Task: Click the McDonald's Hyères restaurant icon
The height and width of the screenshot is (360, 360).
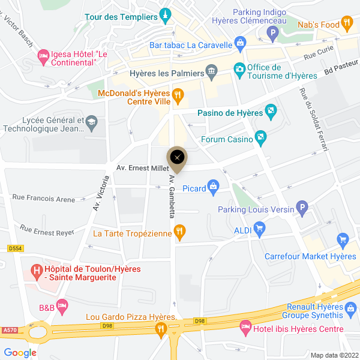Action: (x=177, y=95)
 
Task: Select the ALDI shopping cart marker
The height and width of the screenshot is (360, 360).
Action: (x=259, y=229)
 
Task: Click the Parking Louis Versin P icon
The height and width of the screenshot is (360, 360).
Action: (x=302, y=209)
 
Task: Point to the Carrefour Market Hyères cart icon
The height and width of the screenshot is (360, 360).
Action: (x=343, y=241)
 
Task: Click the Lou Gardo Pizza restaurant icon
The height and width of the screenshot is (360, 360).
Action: (x=160, y=328)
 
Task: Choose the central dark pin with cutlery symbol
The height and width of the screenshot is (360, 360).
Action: (x=177, y=157)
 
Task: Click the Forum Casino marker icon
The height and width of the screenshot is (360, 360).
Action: (x=260, y=139)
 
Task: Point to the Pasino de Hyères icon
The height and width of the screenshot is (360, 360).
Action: (x=271, y=111)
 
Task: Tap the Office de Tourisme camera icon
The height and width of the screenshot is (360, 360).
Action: (x=239, y=70)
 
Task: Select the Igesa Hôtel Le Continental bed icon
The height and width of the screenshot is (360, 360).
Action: (x=43, y=57)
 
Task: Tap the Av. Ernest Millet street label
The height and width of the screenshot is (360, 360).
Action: (x=143, y=169)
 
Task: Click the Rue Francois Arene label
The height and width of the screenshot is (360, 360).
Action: (x=43, y=198)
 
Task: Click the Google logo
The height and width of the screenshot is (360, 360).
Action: (x=20, y=353)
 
